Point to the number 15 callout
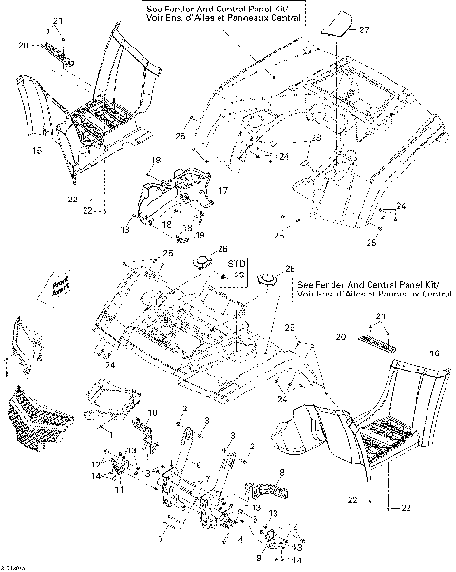[37, 150]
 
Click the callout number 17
[222, 192]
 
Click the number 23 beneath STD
[239, 275]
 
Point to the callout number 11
[119, 492]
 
